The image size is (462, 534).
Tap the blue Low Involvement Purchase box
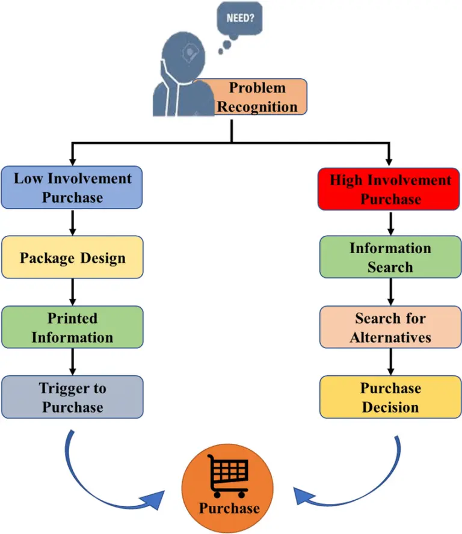tap(72, 187)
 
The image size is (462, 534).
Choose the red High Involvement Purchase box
tap(390, 189)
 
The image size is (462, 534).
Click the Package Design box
tap(72, 258)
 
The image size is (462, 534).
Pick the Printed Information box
tap(72, 327)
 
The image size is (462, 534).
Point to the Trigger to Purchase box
tap(72, 397)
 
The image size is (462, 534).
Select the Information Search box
tap(390, 257)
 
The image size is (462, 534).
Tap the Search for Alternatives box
tap(390, 327)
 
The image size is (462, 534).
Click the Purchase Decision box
tap(390, 397)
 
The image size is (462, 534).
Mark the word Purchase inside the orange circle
tap(229, 508)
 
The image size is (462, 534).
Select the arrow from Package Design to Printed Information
tap(72, 293)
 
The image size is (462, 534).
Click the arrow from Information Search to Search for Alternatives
tap(390, 293)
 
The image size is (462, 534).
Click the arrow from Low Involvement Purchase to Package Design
tap(72, 222)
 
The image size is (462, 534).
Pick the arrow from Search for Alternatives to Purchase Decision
tap(390, 362)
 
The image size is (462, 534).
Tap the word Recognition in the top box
tap(257, 106)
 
